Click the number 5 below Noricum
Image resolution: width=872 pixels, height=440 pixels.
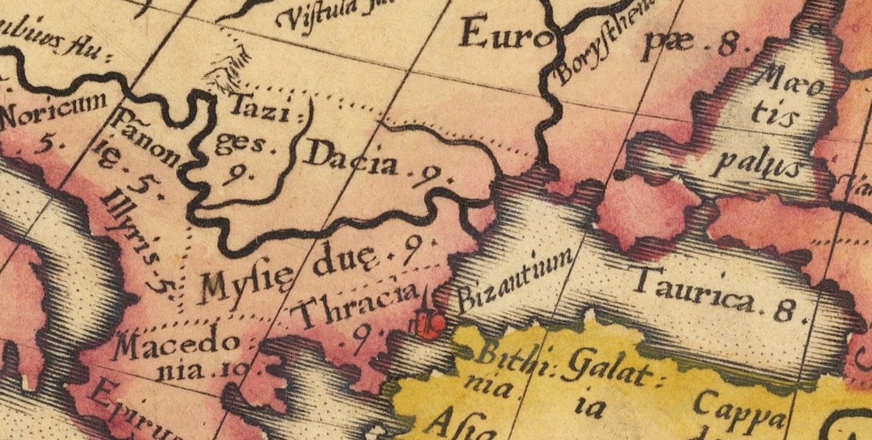point(45,145)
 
